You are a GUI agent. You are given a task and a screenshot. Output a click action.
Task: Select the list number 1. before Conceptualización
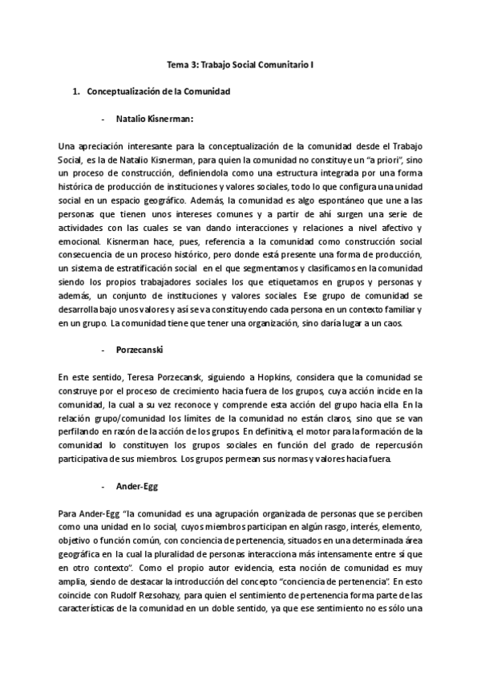pos(77,92)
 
